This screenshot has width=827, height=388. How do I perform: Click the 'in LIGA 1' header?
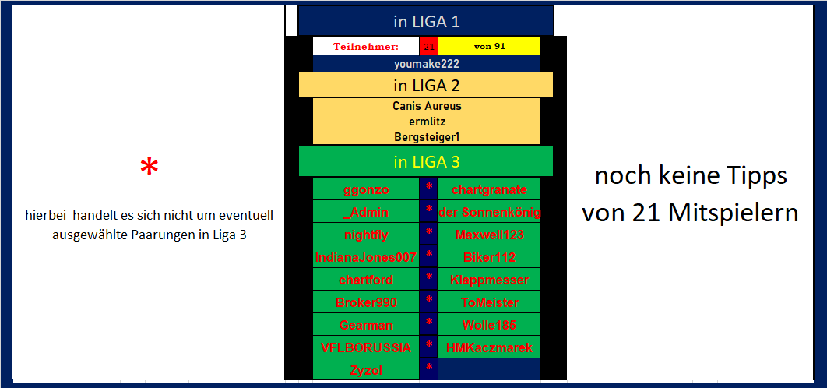[x=426, y=22]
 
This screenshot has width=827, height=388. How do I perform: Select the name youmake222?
[x=426, y=64]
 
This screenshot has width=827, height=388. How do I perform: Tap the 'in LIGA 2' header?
[x=426, y=85]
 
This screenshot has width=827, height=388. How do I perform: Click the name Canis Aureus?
[x=426, y=105]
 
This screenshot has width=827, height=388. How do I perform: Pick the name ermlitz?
[x=426, y=121]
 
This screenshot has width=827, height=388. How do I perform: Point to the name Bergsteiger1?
[x=426, y=136]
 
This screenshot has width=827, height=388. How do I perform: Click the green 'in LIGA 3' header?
[x=426, y=162]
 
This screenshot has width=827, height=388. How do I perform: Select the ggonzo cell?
[x=366, y=189]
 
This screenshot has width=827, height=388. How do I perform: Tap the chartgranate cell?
[x=489, y=189]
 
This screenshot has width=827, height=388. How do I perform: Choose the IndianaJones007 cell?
[x=366, y=257]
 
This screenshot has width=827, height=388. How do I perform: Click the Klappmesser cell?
[x=489, y=280]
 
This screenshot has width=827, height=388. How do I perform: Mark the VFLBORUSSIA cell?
[x=366, y=347]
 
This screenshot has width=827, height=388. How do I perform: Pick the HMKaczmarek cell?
[x=489, y=347]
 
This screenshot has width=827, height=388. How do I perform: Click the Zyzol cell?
[x=366, y=370]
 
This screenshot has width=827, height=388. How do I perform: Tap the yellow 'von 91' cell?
[x=489, y=46]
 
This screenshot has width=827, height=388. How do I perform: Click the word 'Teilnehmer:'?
[x=366, y=46]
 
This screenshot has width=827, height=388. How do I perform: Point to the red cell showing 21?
[x=429, y=46]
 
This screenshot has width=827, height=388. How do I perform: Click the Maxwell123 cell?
[x=489, y=235]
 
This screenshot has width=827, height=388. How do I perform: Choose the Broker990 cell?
[x=366, y=302]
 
